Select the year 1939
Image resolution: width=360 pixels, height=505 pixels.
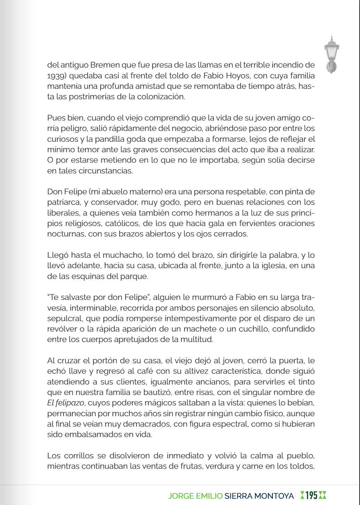(x=55, y=76)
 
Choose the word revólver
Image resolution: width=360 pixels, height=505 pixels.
(x=61, y=329)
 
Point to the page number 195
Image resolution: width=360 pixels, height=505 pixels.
(x=312, y=495)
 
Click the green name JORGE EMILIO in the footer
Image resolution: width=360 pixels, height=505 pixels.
(x=195, y=496)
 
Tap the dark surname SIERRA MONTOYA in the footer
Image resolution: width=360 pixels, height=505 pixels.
(x=259, y=496)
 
